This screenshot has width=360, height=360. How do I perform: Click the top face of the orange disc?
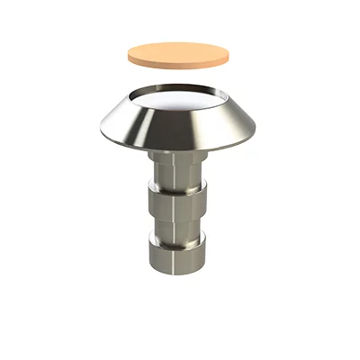coord(177,53)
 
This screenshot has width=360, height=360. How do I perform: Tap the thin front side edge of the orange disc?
coord(177,67)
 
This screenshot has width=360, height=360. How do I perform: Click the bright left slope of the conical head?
coord(126,126)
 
